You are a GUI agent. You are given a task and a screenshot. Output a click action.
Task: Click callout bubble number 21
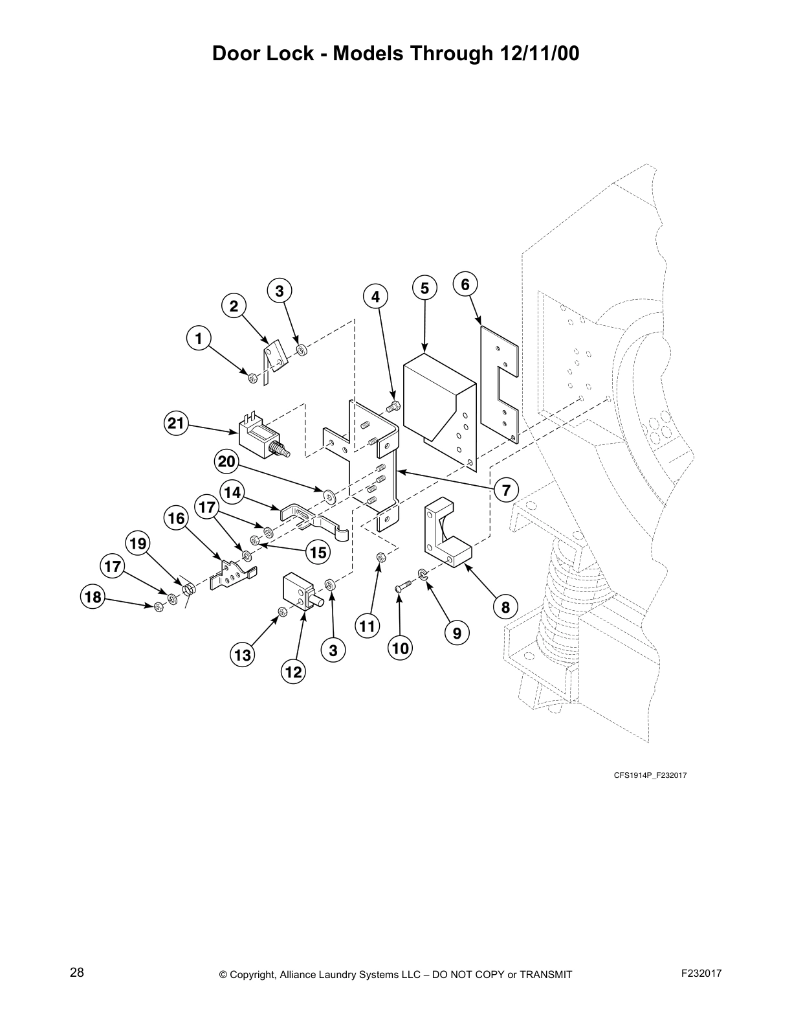[x=175, y=424]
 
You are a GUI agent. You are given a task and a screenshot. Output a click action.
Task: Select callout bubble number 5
[x=424, y=288]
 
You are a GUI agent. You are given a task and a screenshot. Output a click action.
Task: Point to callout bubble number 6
[x=465, y=284]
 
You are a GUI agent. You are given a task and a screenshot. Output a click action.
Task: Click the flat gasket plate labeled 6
[x=501, y=382]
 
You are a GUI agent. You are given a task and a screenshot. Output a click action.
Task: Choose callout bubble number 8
[x=505, y=607]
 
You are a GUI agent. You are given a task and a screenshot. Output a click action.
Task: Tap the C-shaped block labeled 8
[x=446, y=531]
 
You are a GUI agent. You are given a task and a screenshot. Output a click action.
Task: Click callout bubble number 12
[x=294, y=672]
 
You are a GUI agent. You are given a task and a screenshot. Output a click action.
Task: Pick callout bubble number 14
[x=232, y=493]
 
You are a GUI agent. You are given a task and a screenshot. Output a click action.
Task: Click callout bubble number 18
[x=93, y=597]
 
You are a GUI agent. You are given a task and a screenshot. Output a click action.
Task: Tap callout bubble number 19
[x=138, y=543]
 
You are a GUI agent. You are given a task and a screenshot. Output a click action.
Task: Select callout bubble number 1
[x=199, y=338]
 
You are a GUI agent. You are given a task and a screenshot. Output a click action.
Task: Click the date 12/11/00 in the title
[x=540, y=54]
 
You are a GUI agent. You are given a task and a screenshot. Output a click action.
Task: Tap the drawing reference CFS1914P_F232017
[x=650, y=775]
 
